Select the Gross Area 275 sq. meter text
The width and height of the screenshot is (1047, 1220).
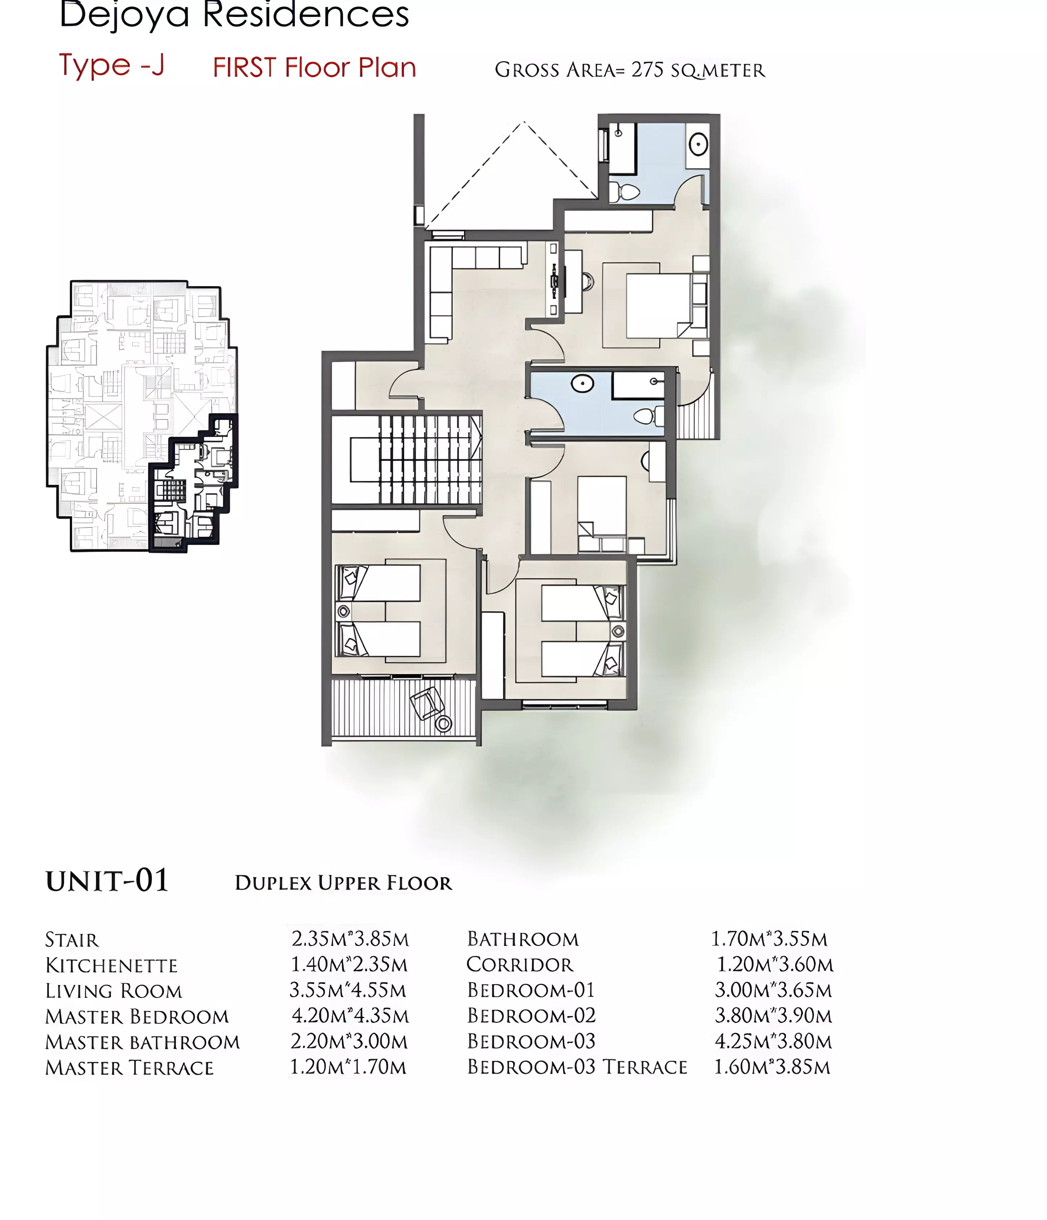point(629,70)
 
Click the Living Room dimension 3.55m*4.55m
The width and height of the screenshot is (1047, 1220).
point(348,990)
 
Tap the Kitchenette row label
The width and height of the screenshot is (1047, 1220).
point(111,965)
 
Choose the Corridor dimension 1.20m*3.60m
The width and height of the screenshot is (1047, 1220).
point(775,964)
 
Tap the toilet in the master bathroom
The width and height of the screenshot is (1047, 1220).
point(625,192)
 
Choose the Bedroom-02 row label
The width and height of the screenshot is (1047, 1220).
point(531,1016)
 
